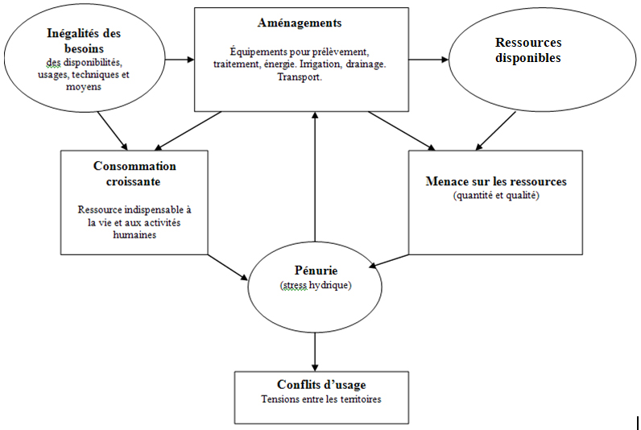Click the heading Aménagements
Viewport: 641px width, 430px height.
[x=300, y=23]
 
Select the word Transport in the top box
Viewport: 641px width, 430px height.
[x=299, y=76]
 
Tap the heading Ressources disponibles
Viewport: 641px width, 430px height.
[x=528, y=50]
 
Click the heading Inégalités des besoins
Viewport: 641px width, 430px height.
[x=84, y=40]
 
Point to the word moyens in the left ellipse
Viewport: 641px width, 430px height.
[x=84, y=87]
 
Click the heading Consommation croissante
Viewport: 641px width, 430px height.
[x=134, y=174]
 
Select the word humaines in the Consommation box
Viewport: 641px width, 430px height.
[x=134, y=235]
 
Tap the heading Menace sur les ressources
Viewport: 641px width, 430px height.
[x=496, y=181]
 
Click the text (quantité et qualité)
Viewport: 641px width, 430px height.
[x=496, y=196]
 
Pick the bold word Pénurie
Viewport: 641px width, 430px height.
[x=316, y=271]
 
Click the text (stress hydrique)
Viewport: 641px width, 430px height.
[x=316, y=285]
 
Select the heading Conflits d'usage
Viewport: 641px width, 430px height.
[x=321, y=384]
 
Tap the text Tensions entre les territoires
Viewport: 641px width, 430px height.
[x=321, y=399]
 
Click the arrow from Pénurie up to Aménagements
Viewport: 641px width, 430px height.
[x=315, y=176]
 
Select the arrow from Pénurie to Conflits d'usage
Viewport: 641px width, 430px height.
[x=315, y=352]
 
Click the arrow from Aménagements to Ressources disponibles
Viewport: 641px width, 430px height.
[x=428, y=60]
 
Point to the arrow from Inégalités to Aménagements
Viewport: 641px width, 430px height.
[x=180, y=60]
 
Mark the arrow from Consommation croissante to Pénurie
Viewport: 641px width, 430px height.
[x=228, y=267]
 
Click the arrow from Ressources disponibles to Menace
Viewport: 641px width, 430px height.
[x=495, y=130]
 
